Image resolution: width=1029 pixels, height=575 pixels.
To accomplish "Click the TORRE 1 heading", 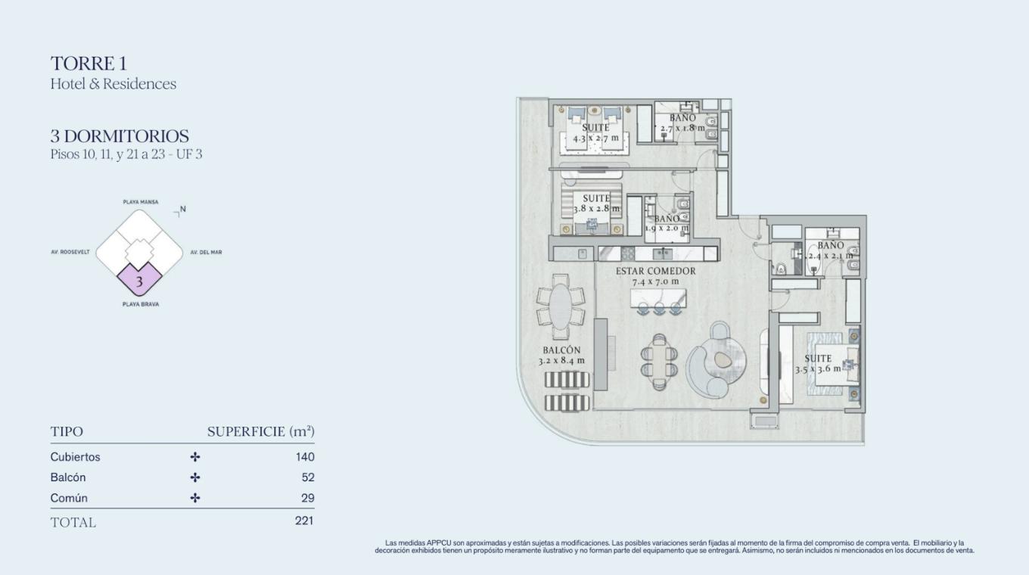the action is point(89,64).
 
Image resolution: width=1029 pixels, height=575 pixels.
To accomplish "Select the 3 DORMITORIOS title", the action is point(120,136).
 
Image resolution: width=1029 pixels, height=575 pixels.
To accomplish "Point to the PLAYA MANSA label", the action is point(141,202).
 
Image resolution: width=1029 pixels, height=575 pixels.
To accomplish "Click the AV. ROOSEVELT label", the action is point(70,252).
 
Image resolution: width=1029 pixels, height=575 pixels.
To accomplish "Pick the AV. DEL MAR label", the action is point(207,252).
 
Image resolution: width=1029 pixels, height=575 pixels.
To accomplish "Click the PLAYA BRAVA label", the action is point(141,304).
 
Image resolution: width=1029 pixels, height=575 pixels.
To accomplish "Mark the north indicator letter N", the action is point(183,210).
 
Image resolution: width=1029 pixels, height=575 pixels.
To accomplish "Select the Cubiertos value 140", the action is point(305,457).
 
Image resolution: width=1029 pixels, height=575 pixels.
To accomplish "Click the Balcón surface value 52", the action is point(308,477).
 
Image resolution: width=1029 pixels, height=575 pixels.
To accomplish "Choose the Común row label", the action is point(69,499).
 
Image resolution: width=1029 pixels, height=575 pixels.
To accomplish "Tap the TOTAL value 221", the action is point(304,521).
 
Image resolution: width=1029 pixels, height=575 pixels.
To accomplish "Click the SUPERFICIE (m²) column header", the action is point(261,432).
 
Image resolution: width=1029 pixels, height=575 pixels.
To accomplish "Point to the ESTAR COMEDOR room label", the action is point(655,272).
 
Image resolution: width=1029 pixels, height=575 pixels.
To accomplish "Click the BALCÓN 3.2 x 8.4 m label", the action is point(561,356).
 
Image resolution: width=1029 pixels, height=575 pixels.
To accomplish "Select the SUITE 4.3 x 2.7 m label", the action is point(595,132).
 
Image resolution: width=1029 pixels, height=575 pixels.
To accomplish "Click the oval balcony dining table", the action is point(561,306).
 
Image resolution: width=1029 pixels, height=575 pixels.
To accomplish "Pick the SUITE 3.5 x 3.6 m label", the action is point(818,363).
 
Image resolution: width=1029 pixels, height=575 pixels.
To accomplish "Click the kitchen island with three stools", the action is point(659,301).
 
